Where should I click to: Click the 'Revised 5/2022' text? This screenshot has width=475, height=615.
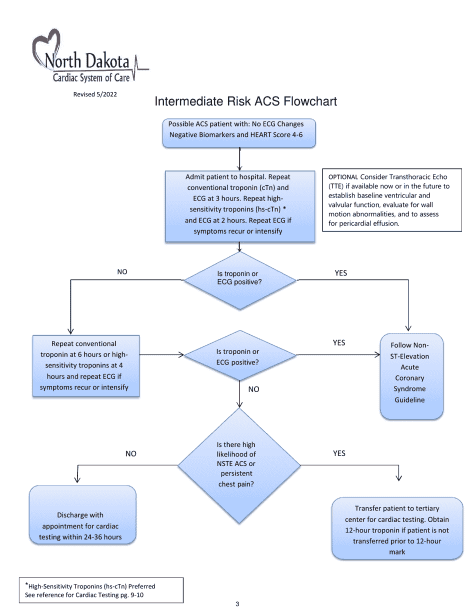pyautogui.click(x=95, y=94)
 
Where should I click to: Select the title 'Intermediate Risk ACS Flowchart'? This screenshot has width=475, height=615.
pyautogui.click(x=245, y=101)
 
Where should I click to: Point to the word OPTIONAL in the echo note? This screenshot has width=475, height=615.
pyautogui.click(x=343, y=177)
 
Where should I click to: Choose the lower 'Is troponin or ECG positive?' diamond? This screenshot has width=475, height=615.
pyautogui.click(x=239, y=356)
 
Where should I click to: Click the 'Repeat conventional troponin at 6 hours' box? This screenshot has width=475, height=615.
pyautogui.click(x=85, y=366)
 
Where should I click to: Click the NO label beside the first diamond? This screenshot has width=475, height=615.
pyautogui.click(x=122, y=272)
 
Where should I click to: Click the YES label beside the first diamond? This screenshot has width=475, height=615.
pyautogui.click(x=340, y=273)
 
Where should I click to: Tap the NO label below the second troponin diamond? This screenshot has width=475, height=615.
pyautogui.click(x=253, y=389)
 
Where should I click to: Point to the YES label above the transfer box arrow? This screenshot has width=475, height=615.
pyautogui.click(x=339, y=453)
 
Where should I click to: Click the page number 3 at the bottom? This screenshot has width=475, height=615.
pyautogui.click(x=237, y=604)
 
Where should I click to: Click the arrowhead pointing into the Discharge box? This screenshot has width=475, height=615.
pyautogui.click(x=77, y=479)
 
